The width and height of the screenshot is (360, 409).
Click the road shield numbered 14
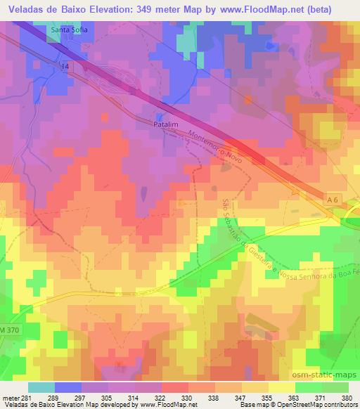pyautogui.click(x=65, y=65)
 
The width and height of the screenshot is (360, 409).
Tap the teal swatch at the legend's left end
pyautogui.click(x=41, y=387)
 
